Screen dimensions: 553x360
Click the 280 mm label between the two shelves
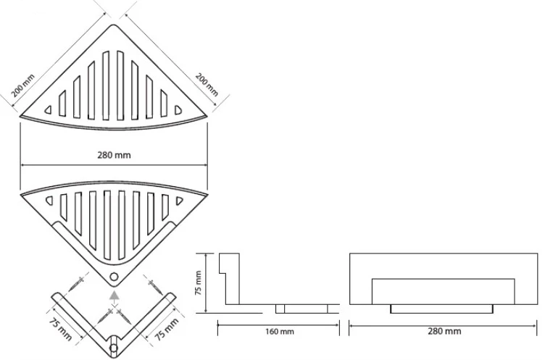(x=114, y=155)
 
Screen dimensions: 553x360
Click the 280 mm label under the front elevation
(x=444, y=331)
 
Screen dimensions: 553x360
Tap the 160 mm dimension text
(x=279, y=332)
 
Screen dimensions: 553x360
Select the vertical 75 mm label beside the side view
(x=199, y=282)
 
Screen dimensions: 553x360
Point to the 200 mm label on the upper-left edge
(x=23, y=85)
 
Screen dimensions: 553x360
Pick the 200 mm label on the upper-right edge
(x=207, y=85)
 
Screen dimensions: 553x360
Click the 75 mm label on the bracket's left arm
(x=60, y=329)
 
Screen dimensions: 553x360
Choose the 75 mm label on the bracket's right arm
(x=167, y=329)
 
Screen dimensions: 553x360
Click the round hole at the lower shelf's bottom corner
(x=114, y=277)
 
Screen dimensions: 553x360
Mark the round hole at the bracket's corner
(x=114, y=348)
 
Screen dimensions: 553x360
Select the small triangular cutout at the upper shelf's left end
(x=48, y=110)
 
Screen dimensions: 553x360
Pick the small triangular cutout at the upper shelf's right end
(x=178, y=110)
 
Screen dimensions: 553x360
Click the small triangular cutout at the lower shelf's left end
(x=49, y=201)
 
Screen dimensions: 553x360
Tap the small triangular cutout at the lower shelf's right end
(x=180, y=201)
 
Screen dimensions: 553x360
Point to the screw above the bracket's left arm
(x=77, y=284)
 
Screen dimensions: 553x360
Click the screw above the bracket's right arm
(x=154, y=285)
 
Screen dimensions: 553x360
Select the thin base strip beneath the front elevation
(x=441, y=309)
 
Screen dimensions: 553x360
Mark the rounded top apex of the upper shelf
(x=114, y=25)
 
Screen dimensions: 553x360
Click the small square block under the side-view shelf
(x=280, y=309)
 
